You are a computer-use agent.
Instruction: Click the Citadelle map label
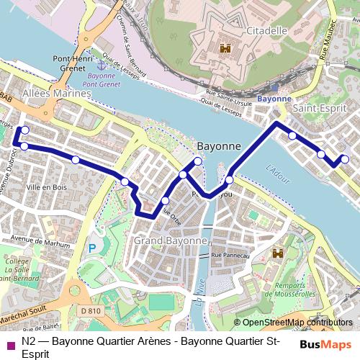click(x=267, y=31)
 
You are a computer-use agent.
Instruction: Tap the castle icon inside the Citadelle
click(x=225, y=50)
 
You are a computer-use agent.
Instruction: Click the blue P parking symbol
click(x=91, y=248)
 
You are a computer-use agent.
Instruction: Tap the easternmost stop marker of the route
click(x=345, y=159)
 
